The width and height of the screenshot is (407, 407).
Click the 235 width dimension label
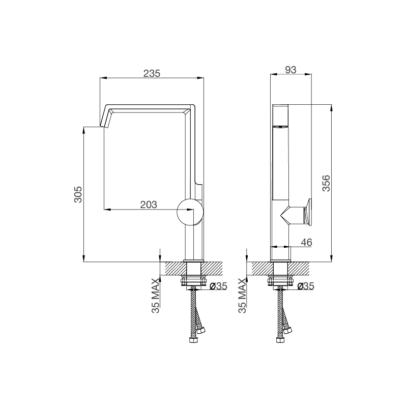click(151, 73)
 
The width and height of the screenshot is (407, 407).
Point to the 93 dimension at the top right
click(290, 70)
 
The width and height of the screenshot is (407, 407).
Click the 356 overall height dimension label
click(327, 184)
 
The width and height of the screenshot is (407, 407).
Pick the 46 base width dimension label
click(306, 243)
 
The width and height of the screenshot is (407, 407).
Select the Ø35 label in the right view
click(305, 286)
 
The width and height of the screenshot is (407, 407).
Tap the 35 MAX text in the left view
click(156, 296)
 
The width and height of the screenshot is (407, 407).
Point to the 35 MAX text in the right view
click(242, 296)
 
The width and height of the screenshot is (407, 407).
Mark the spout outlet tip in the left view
click(104, 125)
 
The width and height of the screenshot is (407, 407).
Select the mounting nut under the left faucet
click(193, 280)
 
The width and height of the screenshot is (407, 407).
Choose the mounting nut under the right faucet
click(280, 280)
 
